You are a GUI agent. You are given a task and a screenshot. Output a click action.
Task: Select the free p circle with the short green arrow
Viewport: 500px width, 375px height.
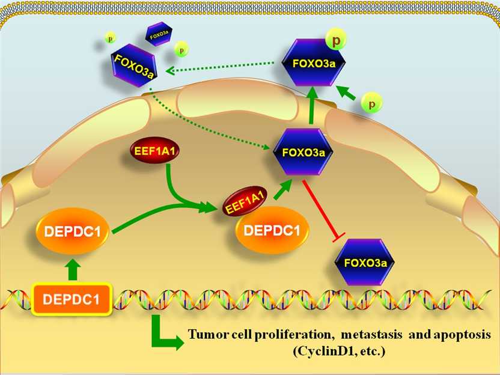pos(373,104)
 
